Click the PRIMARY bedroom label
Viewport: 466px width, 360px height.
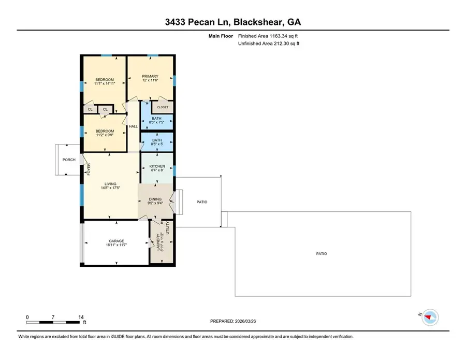point(150,77)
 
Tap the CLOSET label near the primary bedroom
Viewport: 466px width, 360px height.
point(163,107)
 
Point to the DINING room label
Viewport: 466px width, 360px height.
point(155,199)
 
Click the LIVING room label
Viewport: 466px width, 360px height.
point(109,184)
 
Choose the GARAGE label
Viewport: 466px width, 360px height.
point(116,241)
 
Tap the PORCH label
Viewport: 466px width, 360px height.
point(68,160)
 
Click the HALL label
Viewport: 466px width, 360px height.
point(133,126)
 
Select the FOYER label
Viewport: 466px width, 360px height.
point(89,169)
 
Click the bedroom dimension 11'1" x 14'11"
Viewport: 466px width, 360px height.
point(104,83)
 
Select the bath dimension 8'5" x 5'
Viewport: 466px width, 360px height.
point(156,144)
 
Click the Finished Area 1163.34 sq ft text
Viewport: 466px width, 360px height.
point(268,36)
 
